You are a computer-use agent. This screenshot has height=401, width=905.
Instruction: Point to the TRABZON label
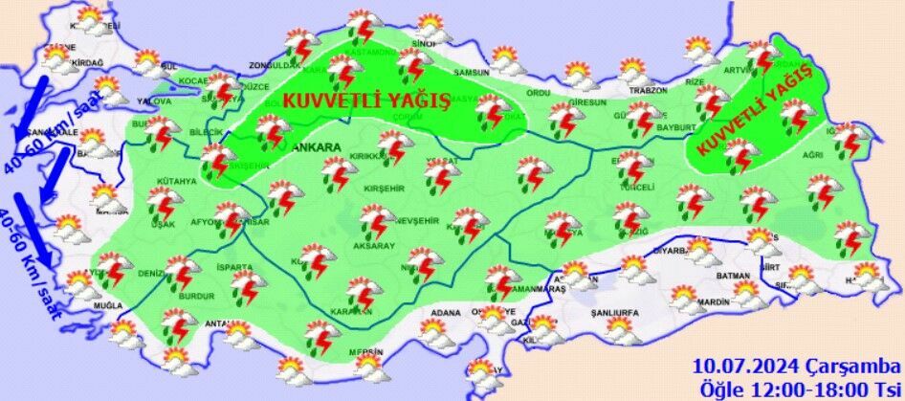tap(647, 91)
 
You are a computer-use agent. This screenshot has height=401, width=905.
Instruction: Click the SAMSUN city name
tap(471, 73)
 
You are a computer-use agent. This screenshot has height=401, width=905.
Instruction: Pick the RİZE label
tap(695, 82)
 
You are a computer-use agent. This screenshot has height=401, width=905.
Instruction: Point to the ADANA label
tap(447, 312)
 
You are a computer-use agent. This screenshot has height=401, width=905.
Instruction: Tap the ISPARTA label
tap(233, 267)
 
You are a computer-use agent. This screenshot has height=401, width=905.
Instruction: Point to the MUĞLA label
tap(108, 303)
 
